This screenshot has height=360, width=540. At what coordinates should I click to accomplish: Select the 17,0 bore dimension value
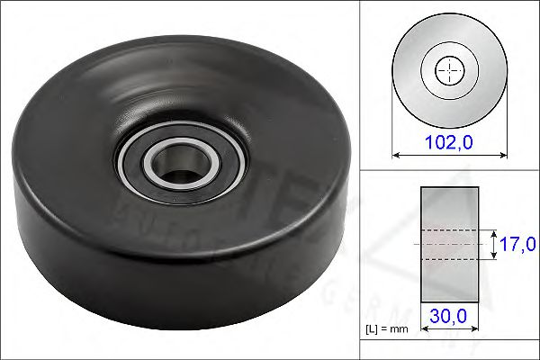[x=519, y=244]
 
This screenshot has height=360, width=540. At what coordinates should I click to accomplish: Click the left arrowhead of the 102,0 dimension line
[x=395, y=155]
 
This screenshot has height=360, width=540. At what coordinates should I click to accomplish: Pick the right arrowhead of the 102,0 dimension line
[x=502, y=155]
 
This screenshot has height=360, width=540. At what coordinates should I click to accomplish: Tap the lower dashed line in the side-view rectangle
[x=449, y=259]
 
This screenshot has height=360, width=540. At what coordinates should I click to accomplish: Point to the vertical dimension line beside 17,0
[x=493, y=244]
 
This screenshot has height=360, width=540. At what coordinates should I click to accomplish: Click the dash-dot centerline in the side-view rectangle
[x=449, y=244]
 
